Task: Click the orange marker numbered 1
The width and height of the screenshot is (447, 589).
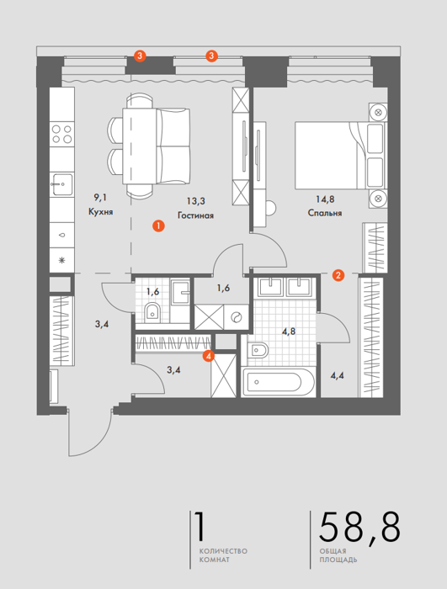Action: coord(158,226)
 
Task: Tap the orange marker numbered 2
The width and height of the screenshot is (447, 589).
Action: coord(338,275)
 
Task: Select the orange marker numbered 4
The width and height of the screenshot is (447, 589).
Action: coord(208,355)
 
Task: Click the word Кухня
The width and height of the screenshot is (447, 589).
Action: coord(101,212)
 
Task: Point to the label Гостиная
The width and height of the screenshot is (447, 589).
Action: coord(195,215)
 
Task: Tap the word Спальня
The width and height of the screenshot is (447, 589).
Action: coord(325,213)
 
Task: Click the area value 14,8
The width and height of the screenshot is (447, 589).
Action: coord(325,199)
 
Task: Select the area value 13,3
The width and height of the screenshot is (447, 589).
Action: coord(196,201)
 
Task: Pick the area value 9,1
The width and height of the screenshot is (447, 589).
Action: coord(100,197)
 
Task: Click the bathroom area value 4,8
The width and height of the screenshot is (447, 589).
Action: coord(289,332)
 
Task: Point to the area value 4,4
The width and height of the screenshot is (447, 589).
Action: coord(338,375)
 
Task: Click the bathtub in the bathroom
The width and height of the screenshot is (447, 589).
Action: coord(278,382)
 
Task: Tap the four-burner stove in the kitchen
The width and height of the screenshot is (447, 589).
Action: coord(62,134)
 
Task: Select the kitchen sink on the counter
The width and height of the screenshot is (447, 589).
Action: coord(62,184)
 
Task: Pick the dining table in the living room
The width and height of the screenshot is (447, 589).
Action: coord(140,146)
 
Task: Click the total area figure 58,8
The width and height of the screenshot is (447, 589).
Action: coord(359,528)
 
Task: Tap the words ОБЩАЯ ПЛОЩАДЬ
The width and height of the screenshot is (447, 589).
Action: coord(338,555)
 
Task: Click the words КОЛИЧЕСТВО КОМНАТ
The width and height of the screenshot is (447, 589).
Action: coord(223,555)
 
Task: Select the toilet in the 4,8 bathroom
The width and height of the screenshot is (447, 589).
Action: coord(258,351)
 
